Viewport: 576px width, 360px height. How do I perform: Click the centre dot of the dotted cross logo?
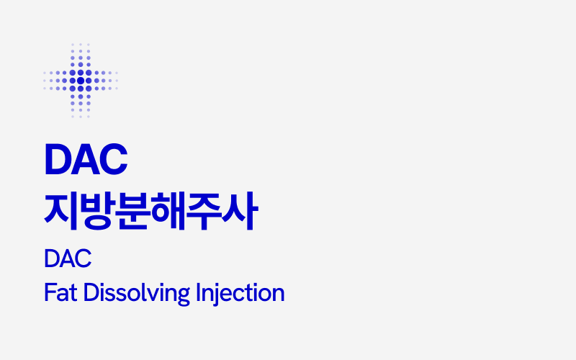(x=80, y=80)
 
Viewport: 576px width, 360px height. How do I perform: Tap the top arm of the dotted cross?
(x=80, y=55)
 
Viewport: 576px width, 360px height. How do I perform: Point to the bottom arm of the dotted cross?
(x=80, y=105)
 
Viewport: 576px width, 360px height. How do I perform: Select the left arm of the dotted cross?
(x=55, y=80)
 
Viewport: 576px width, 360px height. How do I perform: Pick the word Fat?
(x=60, y=294)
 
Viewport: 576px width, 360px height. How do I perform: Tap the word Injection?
(x=240, y=294)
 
